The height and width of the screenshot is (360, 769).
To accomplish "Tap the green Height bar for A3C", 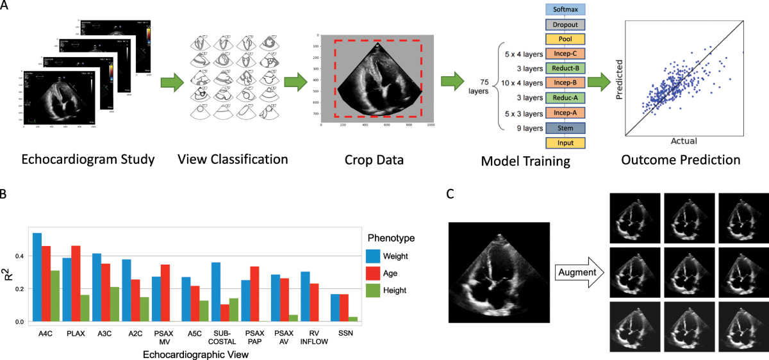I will (x=114, y=304).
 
